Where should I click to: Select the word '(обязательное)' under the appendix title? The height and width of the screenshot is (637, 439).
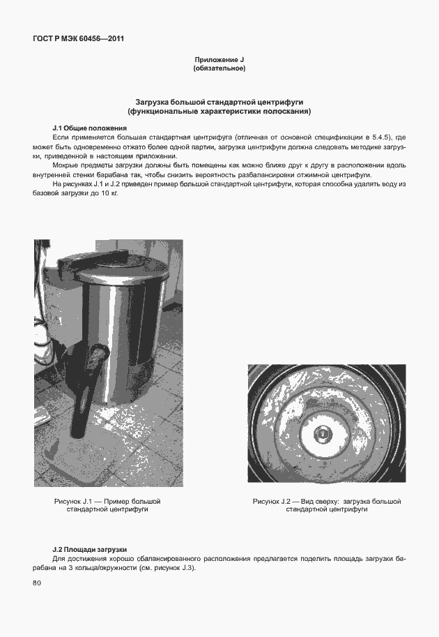point(219,69)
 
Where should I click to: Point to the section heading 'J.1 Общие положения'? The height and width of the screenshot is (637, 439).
point(89,128)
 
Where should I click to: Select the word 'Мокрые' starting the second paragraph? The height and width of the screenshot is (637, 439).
point(67,165)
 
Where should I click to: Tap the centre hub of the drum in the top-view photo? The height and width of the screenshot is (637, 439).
point(324,433)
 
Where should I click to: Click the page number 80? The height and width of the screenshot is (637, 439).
point(37,583)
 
